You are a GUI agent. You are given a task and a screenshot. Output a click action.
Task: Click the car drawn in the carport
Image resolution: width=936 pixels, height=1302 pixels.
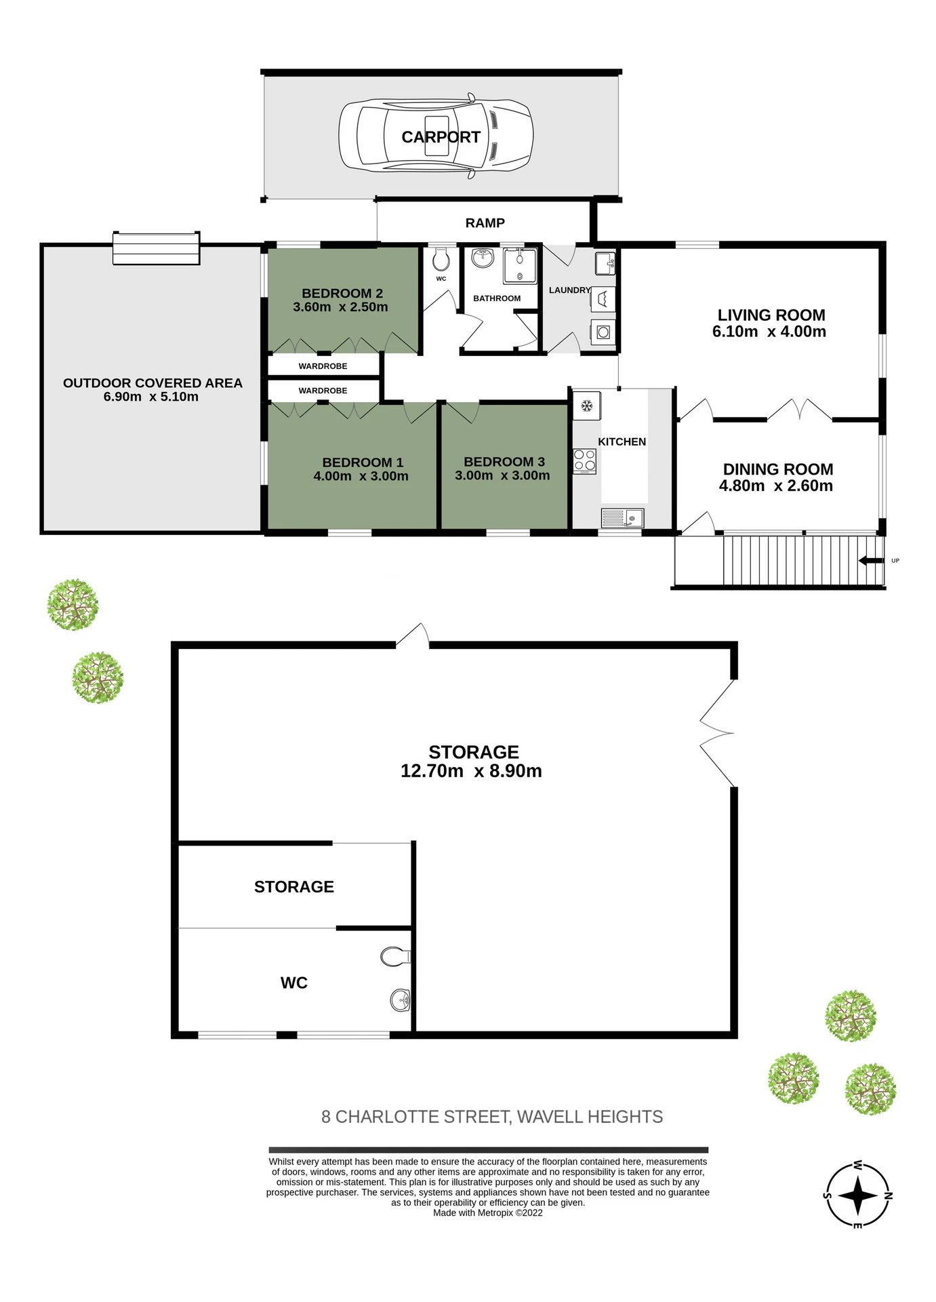tap(436, 136)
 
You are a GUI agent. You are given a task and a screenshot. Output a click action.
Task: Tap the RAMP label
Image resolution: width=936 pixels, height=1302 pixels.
tap(485, 223)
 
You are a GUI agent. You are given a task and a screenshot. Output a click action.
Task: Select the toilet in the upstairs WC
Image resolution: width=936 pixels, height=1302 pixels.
tap(441, 258)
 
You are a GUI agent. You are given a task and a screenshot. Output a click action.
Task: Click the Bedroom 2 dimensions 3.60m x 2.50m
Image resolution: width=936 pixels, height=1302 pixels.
tap(340, 307)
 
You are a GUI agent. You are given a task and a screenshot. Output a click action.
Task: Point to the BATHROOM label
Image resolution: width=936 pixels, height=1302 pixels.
tap(497, 298)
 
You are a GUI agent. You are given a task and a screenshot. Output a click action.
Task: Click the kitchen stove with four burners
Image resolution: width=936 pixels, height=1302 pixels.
tap(585, 461)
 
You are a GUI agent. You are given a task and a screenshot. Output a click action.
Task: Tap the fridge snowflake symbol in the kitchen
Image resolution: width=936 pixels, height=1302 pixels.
tap(587, 406)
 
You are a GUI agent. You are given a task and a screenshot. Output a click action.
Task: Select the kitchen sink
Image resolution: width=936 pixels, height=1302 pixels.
tap(622, 518)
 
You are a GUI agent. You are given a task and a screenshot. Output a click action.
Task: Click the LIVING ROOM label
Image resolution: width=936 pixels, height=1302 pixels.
tap(771, 315)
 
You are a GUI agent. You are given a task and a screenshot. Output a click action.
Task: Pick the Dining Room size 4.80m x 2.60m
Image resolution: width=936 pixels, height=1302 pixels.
tap(776, 486)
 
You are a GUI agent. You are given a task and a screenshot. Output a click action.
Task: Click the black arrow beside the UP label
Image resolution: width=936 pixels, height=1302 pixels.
tap(871, 561)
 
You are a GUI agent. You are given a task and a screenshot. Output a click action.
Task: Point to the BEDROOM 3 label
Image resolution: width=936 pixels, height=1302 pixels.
tap(504, 462)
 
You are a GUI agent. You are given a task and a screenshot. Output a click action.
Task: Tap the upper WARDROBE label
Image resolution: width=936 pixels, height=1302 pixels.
tap(323, 366)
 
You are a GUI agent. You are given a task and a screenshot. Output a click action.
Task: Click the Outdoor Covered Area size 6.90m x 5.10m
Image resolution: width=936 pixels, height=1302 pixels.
tap(151, 397)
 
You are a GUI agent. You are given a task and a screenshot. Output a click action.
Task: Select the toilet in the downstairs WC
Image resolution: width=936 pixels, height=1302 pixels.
tap(396, 957)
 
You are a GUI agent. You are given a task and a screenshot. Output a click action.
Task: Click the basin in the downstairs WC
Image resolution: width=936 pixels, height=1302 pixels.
tap(401, 1000)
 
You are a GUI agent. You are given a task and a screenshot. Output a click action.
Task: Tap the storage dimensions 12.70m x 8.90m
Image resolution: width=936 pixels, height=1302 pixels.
tap(471, 771)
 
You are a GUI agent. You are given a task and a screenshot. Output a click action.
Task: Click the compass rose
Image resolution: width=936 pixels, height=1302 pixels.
tap(857, 1196)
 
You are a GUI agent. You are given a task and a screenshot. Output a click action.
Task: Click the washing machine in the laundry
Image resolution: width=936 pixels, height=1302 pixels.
tap(603, 332)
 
